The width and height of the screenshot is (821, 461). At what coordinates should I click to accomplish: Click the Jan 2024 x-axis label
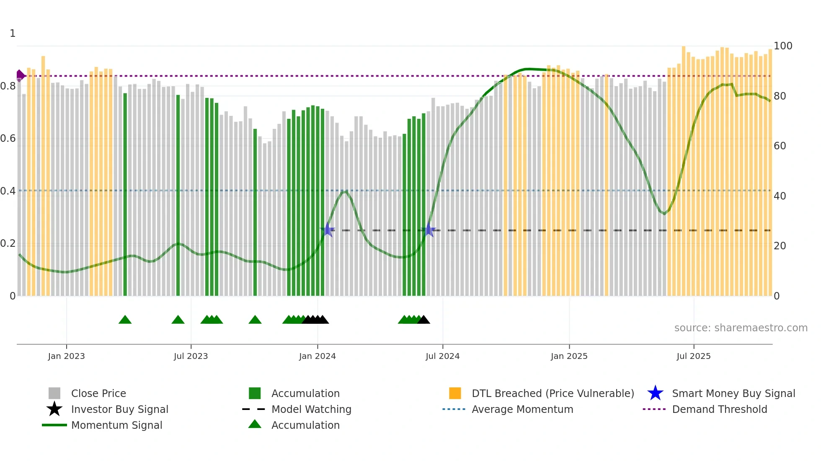click(x=317, y=356)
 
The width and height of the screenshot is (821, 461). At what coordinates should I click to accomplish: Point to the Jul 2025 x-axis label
click(x=693, y=356)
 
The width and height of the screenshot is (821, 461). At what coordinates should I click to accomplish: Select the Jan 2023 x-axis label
click(x=66, y=356)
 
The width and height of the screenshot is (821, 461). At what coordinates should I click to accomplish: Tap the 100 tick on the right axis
click(x=783, y=46)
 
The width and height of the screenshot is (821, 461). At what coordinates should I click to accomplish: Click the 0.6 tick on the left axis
click(x=8, y=138)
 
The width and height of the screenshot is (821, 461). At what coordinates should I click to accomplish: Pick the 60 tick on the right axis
click(x=780, y=146)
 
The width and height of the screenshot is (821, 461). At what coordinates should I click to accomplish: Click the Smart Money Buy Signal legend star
click(x=655, y=393)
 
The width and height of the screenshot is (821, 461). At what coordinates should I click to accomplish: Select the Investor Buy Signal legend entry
click(x=119, y=409)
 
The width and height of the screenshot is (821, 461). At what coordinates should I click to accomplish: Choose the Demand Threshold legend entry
click(x=719, y=409)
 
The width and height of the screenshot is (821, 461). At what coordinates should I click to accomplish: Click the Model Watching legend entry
click(x=311, y=409)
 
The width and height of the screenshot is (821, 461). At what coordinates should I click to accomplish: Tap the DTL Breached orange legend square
click(x=455, y=393)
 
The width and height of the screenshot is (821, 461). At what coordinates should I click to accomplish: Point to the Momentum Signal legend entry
click(x=116, y=425)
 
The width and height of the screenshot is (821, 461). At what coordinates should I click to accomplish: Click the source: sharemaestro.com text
click(x=741, y=328)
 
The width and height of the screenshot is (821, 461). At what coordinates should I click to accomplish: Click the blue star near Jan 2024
click(x=328, y=230)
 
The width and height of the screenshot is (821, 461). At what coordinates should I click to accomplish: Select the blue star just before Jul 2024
click(x=429, y=230)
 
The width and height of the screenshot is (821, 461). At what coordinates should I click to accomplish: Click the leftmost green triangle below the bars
click(x=125, y=320)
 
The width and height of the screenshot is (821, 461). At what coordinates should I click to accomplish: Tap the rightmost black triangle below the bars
click(x=423, y=320)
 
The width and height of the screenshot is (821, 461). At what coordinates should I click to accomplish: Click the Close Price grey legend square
click(x=54, y=393)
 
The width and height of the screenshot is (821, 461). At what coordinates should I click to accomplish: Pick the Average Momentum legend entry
click(x=522, y=409)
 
